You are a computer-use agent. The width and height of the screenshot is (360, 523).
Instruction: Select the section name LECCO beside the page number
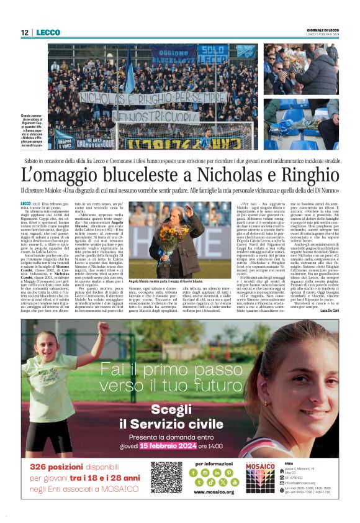coord(48,33)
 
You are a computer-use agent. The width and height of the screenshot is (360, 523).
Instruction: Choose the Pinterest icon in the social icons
coord(229,473)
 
